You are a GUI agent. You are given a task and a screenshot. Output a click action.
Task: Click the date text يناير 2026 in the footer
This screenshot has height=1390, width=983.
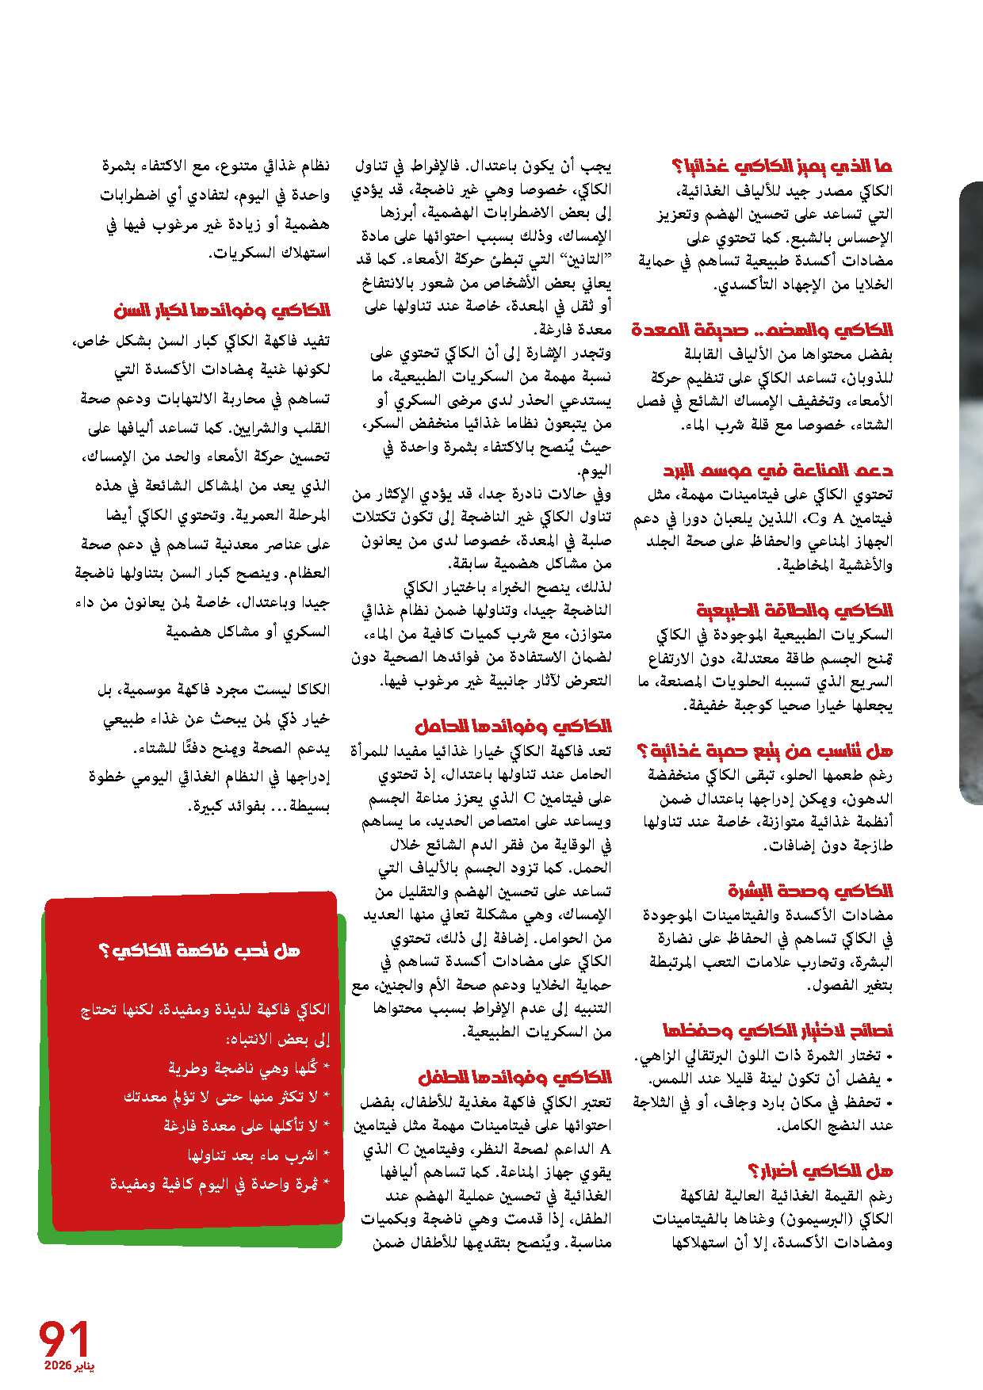point(69,1366)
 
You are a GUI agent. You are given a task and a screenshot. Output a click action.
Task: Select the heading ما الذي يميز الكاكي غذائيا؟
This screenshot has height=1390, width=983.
point(782,166)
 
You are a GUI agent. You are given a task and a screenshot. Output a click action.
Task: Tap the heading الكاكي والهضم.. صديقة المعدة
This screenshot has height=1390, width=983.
point(762,330)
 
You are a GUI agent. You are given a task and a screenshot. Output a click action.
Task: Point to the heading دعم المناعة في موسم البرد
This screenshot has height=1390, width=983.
point(778,471)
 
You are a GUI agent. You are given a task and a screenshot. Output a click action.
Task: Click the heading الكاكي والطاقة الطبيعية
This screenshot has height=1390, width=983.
point(794,610)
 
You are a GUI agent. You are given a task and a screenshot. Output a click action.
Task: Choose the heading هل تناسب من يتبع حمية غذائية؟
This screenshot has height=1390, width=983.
point(765,750)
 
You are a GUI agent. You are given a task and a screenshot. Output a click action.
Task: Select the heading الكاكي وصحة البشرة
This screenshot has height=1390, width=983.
point(810,891)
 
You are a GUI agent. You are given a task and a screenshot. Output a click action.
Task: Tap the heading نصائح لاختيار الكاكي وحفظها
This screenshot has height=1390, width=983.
point(778,1030)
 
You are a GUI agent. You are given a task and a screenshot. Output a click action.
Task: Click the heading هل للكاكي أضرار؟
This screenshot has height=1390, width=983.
point(820,1170)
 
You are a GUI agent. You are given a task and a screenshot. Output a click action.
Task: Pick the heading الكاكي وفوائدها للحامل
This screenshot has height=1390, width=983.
point(513,726)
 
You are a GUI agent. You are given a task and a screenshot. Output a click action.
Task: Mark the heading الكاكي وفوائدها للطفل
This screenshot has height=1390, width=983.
point(514,1077)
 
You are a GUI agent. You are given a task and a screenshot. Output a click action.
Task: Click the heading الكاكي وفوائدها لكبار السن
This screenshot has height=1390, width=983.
point(221,310)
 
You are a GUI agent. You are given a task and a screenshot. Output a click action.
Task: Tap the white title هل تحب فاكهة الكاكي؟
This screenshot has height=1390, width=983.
point(200,950)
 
